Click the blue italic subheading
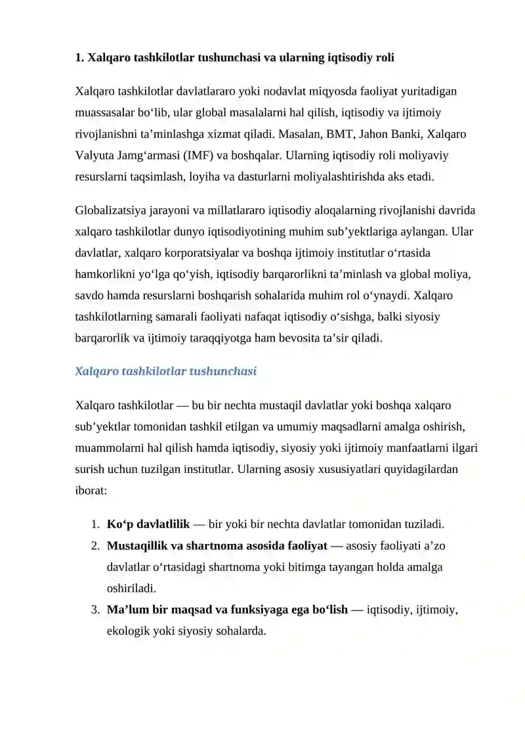pos(165,371)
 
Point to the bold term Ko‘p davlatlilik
pos(148,524)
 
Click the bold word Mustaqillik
pos(137,545)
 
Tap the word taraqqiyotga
pos(222,338)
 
